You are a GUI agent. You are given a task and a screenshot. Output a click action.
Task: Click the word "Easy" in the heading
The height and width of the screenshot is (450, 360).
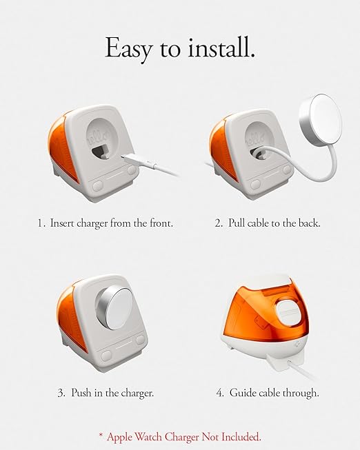128,49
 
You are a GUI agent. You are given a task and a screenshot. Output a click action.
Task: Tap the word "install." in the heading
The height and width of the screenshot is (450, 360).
221,48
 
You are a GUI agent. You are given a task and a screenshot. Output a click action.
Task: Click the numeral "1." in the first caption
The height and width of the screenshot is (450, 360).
41,223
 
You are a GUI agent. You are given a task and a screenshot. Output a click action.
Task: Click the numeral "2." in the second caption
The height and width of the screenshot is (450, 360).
219,223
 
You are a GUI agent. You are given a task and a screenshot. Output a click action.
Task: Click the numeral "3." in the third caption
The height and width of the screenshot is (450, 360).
62,393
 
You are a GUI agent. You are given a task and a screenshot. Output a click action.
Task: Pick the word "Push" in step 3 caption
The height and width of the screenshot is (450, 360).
81,392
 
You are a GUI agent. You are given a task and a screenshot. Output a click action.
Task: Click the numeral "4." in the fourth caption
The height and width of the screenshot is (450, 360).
220,393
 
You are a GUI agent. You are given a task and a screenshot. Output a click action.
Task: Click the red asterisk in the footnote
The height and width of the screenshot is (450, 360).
101,436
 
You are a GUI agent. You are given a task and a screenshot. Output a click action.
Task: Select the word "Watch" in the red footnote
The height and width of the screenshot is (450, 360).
149,437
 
